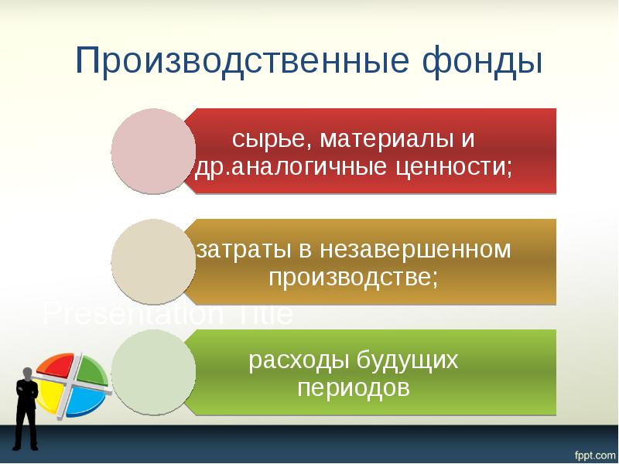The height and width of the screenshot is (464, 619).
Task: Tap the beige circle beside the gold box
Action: pos(153,261)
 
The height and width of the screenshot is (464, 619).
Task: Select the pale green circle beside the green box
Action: pos(153,371)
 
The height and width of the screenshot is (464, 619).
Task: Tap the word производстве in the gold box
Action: pos(353,277)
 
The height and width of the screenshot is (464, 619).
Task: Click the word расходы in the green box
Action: pos(298,361)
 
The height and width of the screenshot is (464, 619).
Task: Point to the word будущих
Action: pos(407,361)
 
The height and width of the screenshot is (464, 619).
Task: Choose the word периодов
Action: pos(353,387)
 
